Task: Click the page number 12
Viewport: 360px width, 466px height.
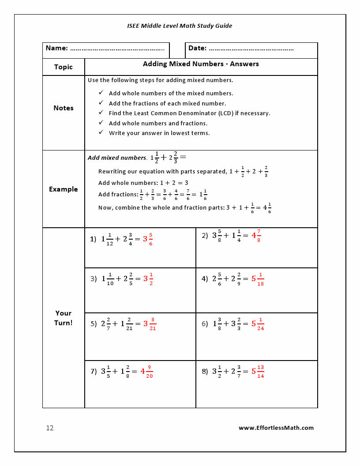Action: [50, 428]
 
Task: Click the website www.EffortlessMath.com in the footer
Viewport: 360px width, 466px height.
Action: [276, 428]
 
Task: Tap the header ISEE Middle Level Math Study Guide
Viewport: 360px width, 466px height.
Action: [180, 26]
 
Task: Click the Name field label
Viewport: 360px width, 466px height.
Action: [56, 48]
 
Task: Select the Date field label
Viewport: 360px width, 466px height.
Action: [197, 48]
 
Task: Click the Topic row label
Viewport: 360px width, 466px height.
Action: [64, 67]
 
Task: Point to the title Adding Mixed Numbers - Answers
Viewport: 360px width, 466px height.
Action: [201, 64]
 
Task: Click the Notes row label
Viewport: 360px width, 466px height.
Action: [64, 108]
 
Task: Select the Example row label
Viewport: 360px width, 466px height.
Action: [64, 189]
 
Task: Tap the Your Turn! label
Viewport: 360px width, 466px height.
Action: [64, 318]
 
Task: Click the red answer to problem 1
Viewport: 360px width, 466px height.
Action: [148, 239]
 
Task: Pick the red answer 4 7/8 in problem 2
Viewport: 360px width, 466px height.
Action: [256, 236]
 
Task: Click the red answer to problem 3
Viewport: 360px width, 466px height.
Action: [148, 279]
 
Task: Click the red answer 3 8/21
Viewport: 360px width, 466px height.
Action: [150, 324]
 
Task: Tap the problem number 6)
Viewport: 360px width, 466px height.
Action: [205, 324]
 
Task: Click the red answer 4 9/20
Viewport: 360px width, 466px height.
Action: [147, 372]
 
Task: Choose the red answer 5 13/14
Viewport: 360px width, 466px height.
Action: [258, 372]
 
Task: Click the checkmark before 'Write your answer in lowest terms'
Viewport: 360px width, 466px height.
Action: [101, 132]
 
